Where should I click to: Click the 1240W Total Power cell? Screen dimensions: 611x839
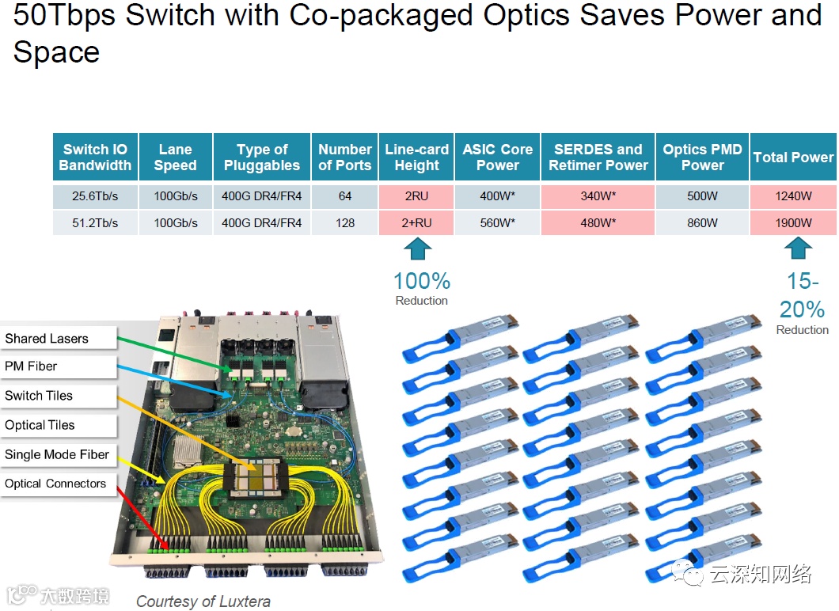coord(793,196)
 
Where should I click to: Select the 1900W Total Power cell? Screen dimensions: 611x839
coord(793,223)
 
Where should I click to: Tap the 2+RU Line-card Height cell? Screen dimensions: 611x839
coord(416,223)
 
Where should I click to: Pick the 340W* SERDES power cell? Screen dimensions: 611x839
coord(598,196)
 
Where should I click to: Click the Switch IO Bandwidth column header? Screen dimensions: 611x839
coord(95,157)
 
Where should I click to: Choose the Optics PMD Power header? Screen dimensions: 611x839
coord(702,157)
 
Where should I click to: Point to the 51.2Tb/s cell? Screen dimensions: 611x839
coord(95,223)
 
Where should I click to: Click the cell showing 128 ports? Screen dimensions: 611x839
coord(344,223)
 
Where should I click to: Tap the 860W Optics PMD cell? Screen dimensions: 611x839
coord(702,223)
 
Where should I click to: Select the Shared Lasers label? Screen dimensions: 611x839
coord(47,339)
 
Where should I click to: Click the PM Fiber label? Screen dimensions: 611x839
coord(32,366)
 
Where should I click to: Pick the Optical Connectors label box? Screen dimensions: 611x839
coord(55,484)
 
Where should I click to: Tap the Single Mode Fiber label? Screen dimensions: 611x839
coord(57,454)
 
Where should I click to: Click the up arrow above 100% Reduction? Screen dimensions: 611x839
coord(417,250)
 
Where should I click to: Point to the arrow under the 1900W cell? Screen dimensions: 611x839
coord(798,250)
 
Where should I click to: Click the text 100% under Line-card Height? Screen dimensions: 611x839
coord(422,281)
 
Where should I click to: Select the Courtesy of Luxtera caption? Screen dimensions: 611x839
coord(203,602)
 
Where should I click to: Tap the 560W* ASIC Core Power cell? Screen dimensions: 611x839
coord(497,223)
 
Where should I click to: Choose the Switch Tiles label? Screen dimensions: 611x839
coord(39,396)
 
